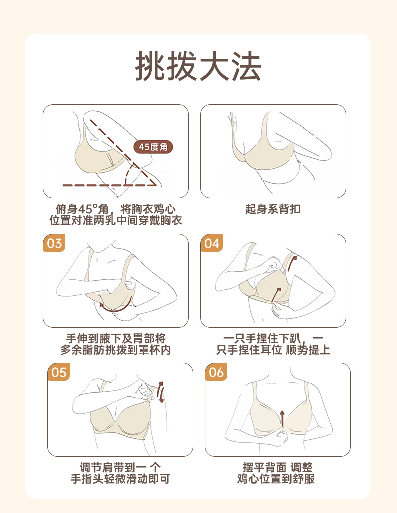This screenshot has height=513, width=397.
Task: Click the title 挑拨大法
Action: click(198, 66)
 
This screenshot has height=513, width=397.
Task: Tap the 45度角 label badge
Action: click(153, 147)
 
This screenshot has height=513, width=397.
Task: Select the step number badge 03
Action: click(54, 243)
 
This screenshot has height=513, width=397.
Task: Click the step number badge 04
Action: click(211, 243)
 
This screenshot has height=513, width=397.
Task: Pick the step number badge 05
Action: click(59, 372)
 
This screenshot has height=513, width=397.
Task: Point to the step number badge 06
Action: click(216, 372)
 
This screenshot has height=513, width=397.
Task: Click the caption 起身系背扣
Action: click(273, 209)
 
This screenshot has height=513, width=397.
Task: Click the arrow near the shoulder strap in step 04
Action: click(292, 264)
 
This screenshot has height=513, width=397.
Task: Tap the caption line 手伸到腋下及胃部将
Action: click(116, 338)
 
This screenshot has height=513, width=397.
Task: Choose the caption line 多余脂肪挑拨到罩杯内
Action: click(116, 350)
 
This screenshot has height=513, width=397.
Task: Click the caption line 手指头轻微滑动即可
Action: click(121, 479)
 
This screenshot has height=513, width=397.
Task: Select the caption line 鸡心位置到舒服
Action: click(276, 479)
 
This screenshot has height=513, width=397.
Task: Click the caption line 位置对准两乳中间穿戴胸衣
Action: click(116, 220)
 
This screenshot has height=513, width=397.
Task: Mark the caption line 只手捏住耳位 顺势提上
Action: click(273, 350)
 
